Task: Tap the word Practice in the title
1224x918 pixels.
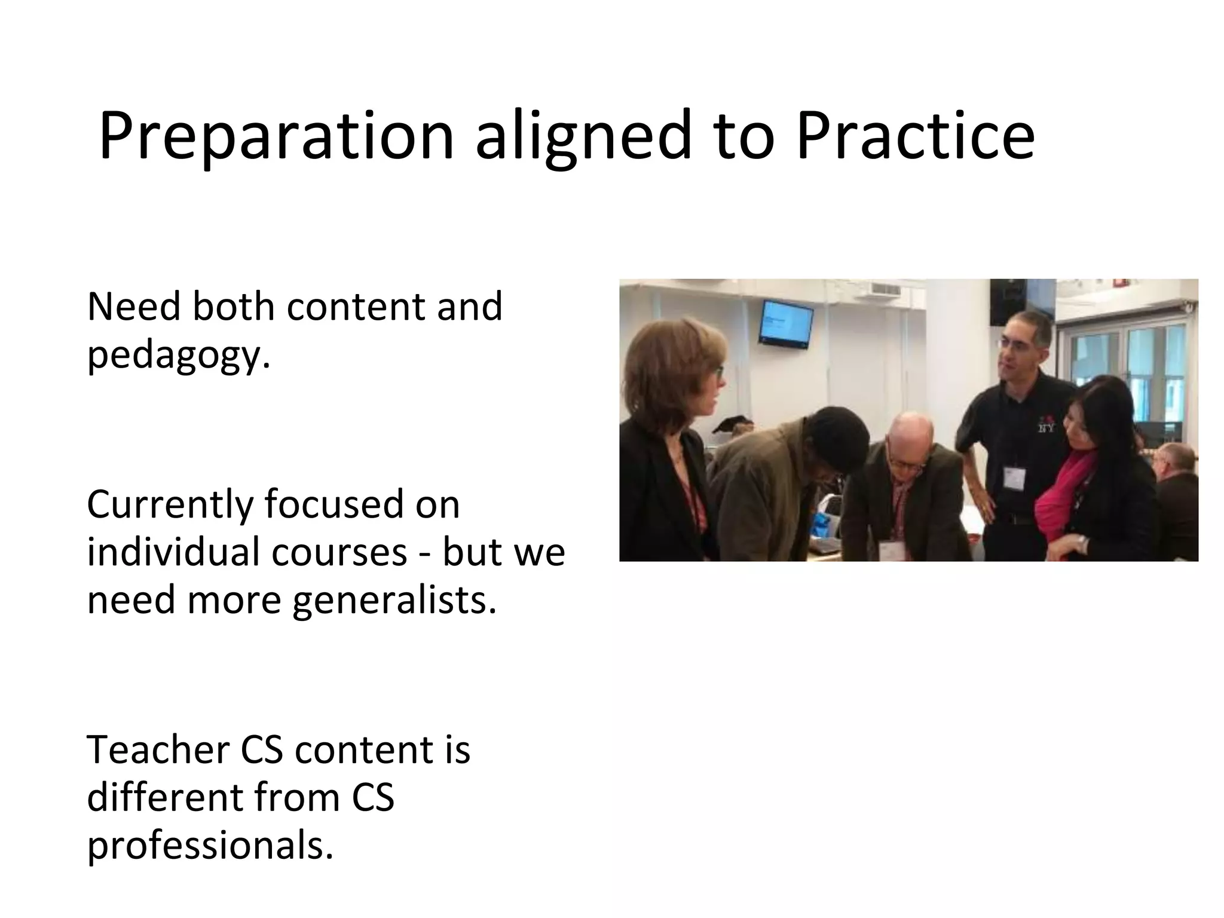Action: pyautogui.click(x=915, y=136)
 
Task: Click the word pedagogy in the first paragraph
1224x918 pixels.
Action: pyautogui.click(x=178, y=357)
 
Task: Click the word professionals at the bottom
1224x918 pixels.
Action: pyautogui.click(x=209, y=847)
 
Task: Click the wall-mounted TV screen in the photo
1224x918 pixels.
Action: pyautogui.click(x=786, y=323)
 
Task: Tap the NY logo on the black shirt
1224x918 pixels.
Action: pyautogui.click(x=1045, y=426)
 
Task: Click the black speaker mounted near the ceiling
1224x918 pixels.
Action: pyautogui.click(x=1007, y=299)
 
